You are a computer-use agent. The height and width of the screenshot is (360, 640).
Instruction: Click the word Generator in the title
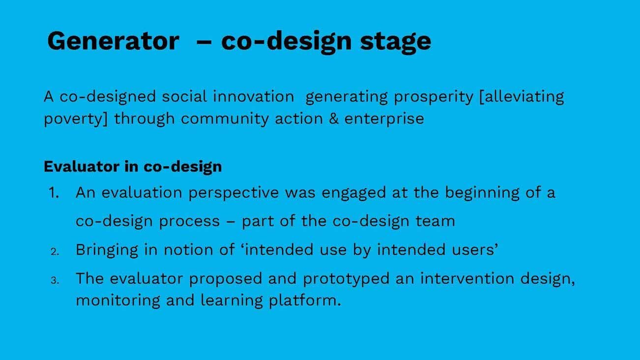[x=113, y=41]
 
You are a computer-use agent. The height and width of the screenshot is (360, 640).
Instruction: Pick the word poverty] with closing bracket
[x=76, y=119]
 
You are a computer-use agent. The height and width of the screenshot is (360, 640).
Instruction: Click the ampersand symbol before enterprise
[x=334, y=119]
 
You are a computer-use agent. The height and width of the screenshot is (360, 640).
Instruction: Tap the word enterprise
[x=384, y=119]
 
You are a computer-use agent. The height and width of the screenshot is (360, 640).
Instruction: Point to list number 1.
[x=54, y=193]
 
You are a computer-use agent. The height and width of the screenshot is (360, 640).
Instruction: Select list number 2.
[x=55, y=252]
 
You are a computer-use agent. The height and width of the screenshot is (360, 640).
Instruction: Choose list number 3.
[x=55, y=280]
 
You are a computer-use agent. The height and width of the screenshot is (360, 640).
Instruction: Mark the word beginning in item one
[x=482, y=193]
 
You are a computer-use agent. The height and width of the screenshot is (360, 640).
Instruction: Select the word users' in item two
[x=474, y=250]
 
